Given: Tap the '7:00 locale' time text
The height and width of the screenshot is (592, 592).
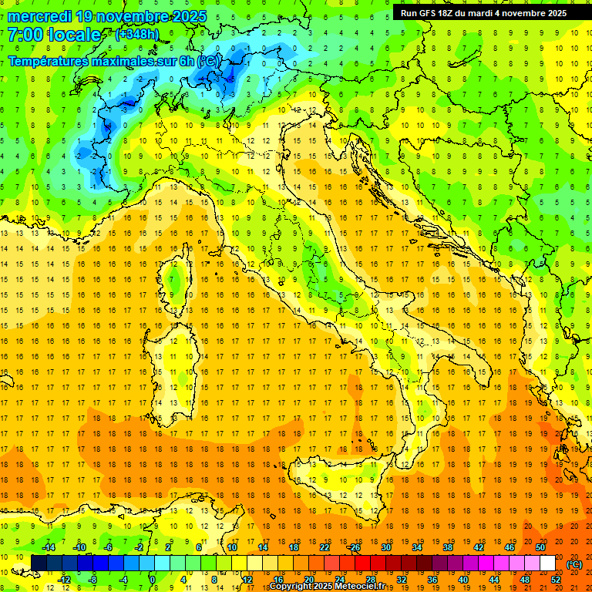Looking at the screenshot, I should click(x=54, y=35).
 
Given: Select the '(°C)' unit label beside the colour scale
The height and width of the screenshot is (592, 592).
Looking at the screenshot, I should click(x=574, y=564).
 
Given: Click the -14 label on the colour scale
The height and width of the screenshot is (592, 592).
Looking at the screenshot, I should click(x=48, y=547).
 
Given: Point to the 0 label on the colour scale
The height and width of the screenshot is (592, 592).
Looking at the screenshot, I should click(x=153, y=580).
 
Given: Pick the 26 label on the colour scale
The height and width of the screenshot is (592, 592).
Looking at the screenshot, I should click(x=355, y=547).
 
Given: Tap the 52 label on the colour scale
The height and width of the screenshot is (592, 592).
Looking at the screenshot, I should click(x=556, y=580).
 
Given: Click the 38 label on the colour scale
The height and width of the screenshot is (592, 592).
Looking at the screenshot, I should click(x=447, y=547).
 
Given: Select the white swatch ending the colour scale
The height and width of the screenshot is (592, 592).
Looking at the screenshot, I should click(x=547, y=563).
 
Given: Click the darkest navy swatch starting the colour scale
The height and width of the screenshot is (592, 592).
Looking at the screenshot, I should click(x=39, y=563).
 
